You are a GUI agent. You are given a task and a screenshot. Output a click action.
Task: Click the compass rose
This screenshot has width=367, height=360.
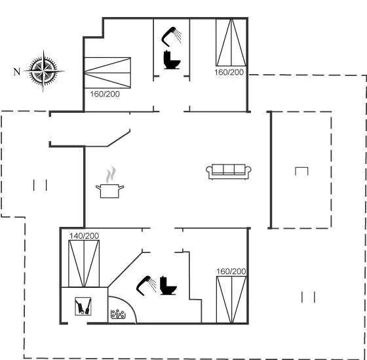click(x=43, y=71)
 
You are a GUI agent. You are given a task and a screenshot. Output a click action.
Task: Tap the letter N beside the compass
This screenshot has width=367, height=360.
click(x=17, y=71)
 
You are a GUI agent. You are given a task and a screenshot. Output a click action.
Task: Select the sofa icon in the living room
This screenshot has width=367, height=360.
click(x=229, y=172)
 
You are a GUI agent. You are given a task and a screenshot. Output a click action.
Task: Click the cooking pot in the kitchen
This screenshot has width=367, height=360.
click(x=110, y=191)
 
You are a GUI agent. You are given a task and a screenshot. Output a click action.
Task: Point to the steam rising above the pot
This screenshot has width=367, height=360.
click(x=111, y=174)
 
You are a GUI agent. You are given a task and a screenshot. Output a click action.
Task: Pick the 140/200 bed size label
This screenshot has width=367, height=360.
click(x=84, y=235)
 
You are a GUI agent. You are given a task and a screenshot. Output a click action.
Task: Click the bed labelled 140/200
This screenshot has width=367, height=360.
click(x=84, y=264)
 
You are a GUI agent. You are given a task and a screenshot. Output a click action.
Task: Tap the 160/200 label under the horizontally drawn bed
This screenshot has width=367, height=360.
click(x=105, y=94)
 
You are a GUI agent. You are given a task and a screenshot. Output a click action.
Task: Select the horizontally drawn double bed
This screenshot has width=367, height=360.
click(x=107, y=73)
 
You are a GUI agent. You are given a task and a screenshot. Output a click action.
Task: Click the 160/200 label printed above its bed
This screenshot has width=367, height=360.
click(x=231, y=271)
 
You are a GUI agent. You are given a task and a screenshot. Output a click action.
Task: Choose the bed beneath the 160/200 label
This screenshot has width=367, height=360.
click(x=231, y=300)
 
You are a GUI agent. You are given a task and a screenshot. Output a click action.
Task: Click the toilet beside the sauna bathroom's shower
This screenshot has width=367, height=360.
click(x=168, y=286)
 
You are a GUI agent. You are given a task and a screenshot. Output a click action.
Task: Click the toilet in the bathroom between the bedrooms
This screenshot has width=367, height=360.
click(x=172, y=60)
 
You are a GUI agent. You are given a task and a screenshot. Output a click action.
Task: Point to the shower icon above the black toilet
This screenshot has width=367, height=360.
click(x=171, y=36)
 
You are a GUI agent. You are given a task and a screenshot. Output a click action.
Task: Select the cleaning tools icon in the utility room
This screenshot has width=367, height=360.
click(x=83, y=306)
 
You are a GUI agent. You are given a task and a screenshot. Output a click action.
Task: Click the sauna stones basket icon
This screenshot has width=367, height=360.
click(x=117, y=314)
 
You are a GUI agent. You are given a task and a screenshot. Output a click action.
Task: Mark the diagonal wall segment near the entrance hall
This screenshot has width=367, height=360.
click(x=119, y=138)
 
